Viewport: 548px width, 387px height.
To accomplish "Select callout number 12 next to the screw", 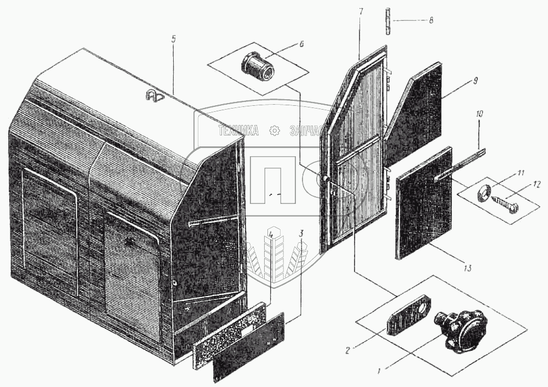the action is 536,185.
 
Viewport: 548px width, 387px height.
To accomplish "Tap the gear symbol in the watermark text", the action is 275,130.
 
